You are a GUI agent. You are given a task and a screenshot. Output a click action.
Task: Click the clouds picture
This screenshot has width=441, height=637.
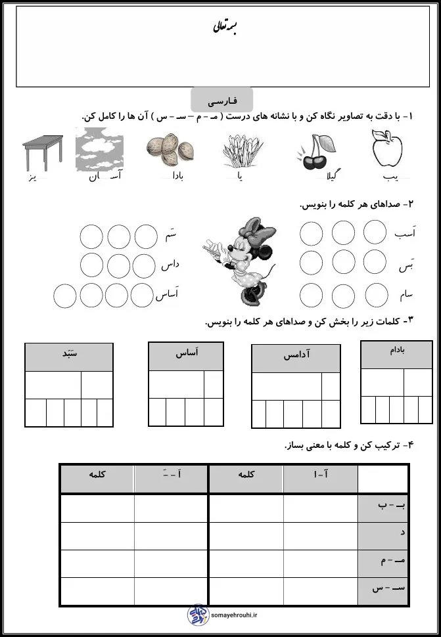[98, 149]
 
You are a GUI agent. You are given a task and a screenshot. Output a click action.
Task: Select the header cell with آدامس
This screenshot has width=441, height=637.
[296, 355]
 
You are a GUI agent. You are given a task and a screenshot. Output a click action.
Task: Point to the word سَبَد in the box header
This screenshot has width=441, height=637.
[67, 353]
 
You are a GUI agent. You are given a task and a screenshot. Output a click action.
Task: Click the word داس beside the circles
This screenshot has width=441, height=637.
[170, 265]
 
